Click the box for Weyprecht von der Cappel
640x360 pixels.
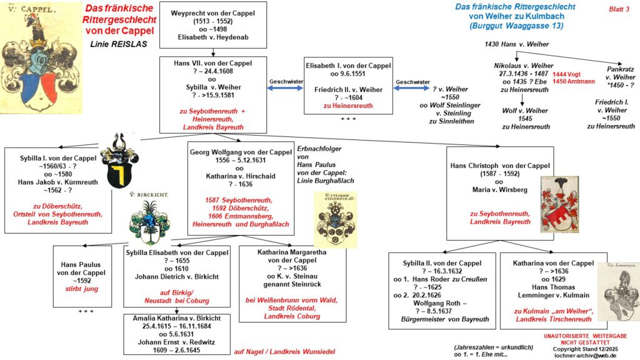(x=213, y=24)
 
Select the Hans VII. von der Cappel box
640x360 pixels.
(x=213, y=94)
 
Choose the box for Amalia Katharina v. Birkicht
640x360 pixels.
(x=177, y=335)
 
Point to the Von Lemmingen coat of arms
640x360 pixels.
(x=619, y=287)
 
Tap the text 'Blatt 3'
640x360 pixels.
(x=619, y=9)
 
